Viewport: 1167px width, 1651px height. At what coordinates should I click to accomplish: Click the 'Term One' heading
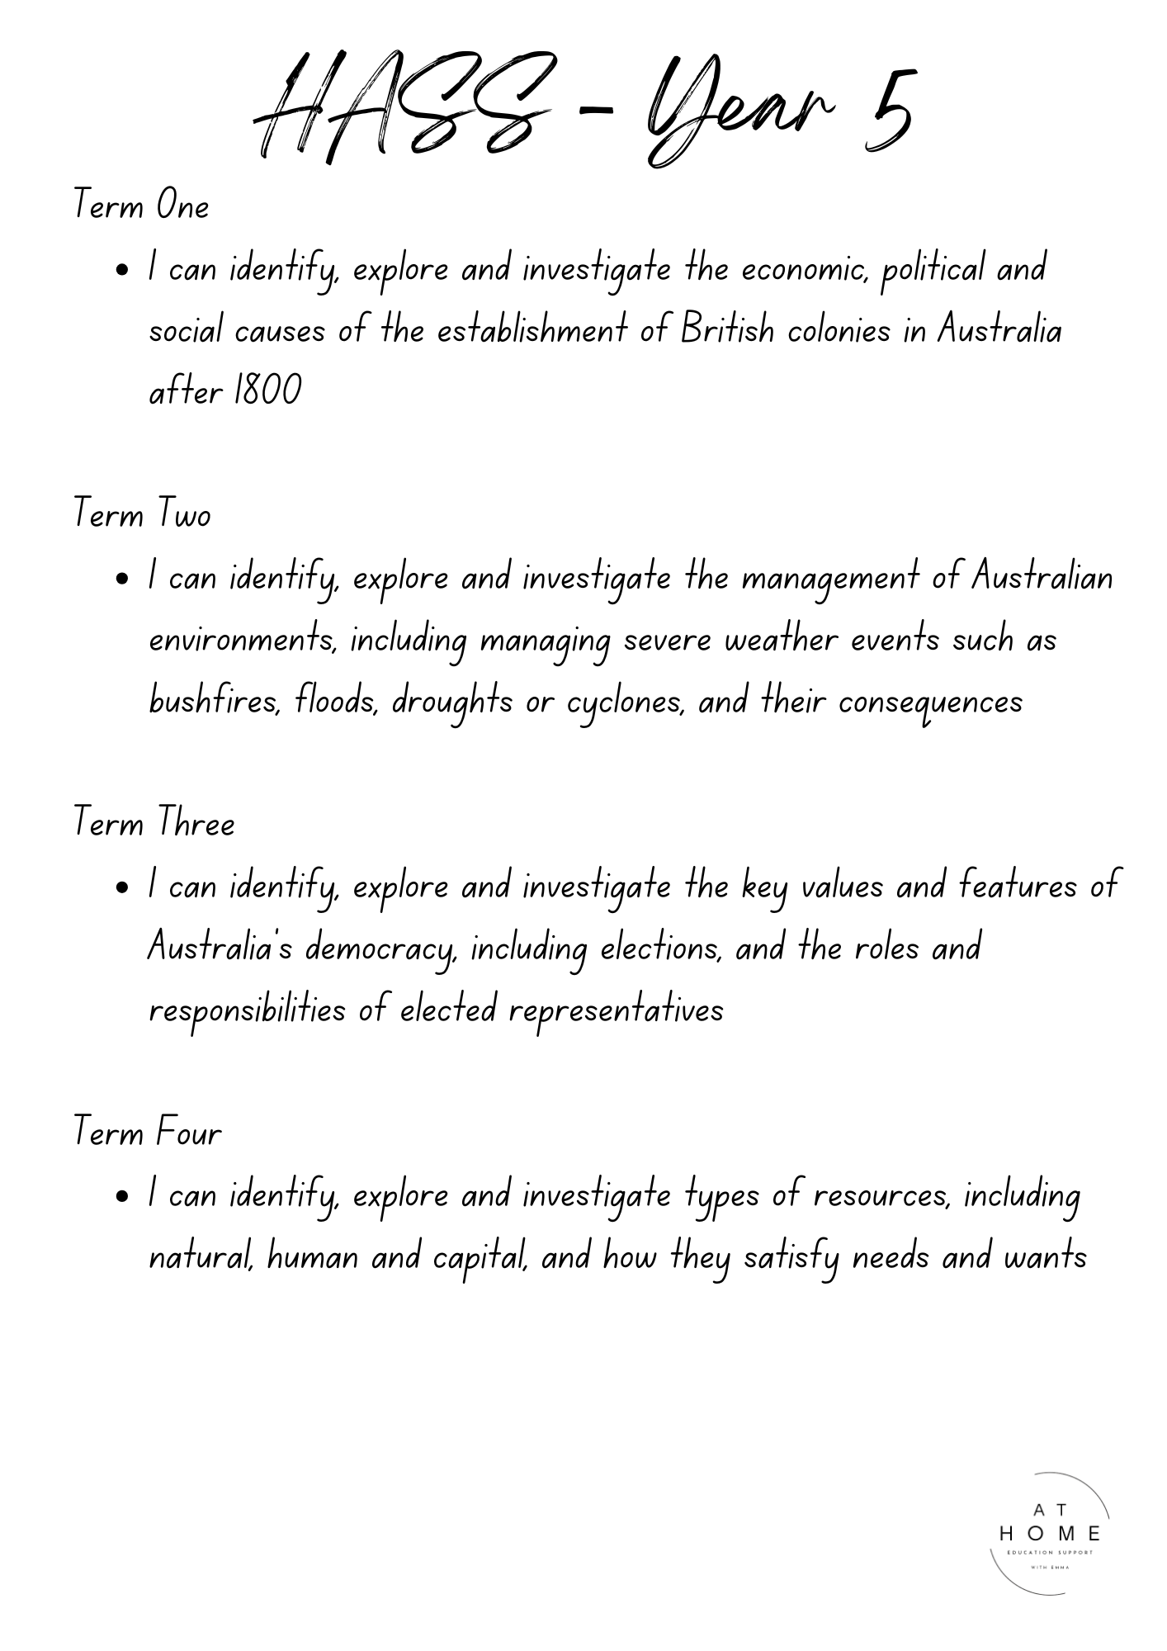pos(141,205)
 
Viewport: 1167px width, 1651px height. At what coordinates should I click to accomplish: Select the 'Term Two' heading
pos(142,513)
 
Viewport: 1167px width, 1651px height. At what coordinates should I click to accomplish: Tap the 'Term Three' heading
pos(154,822)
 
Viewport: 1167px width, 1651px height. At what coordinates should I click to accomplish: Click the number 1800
pos(268,390)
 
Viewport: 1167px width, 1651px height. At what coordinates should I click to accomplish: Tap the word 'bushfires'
pos(215,701)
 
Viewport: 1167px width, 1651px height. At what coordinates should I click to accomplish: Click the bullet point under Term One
pos(122,270)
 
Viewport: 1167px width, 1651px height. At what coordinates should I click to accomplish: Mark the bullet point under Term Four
pos(122,1196)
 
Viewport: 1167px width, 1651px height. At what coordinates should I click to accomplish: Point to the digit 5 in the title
pos(888,111)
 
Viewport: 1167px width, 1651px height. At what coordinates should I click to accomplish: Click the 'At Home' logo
pos(1050,1533)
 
